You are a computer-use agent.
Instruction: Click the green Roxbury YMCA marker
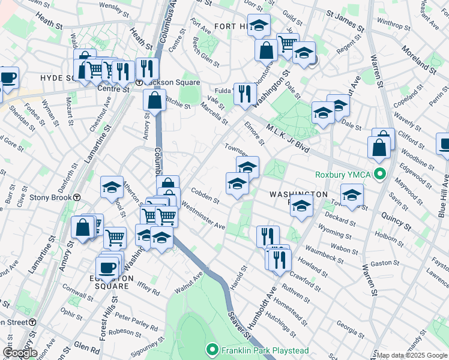coord(379,175)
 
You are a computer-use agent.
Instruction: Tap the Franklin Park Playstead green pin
coord(211,350)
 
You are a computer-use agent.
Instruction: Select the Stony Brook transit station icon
coord(77,197)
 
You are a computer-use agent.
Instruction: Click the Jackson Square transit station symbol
coord(139,82)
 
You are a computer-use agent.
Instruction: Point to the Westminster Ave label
coord(203,217)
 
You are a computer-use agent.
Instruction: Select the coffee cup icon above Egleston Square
coord(108,267)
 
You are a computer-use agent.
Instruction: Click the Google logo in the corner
coord(20,353)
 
